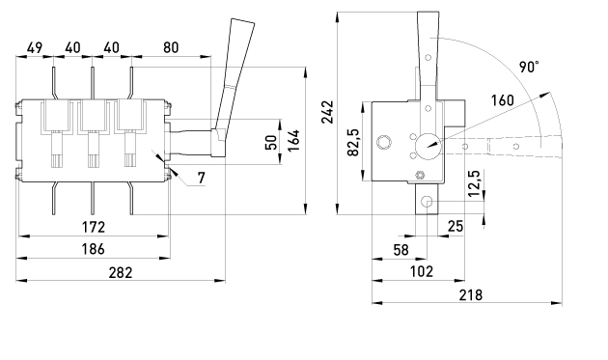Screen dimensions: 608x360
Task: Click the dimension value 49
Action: click(34, 48)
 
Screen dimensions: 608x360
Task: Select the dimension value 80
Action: click(171, 47)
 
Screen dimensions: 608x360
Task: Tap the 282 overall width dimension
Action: click(121, 273)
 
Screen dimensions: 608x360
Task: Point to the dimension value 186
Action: click(93, 249)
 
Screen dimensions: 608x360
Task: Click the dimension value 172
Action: click(93, 227)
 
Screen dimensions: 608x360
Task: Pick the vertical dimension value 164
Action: click(294, 141)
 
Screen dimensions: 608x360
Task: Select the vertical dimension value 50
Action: click(271, 142)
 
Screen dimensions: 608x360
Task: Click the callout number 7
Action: click(201, 178)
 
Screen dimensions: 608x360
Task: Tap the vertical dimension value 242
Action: click(328, 112)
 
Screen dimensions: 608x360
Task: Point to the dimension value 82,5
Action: click(353, 142)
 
